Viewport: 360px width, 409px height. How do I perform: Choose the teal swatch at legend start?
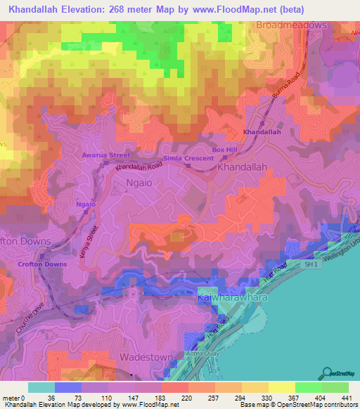point(41,387)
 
